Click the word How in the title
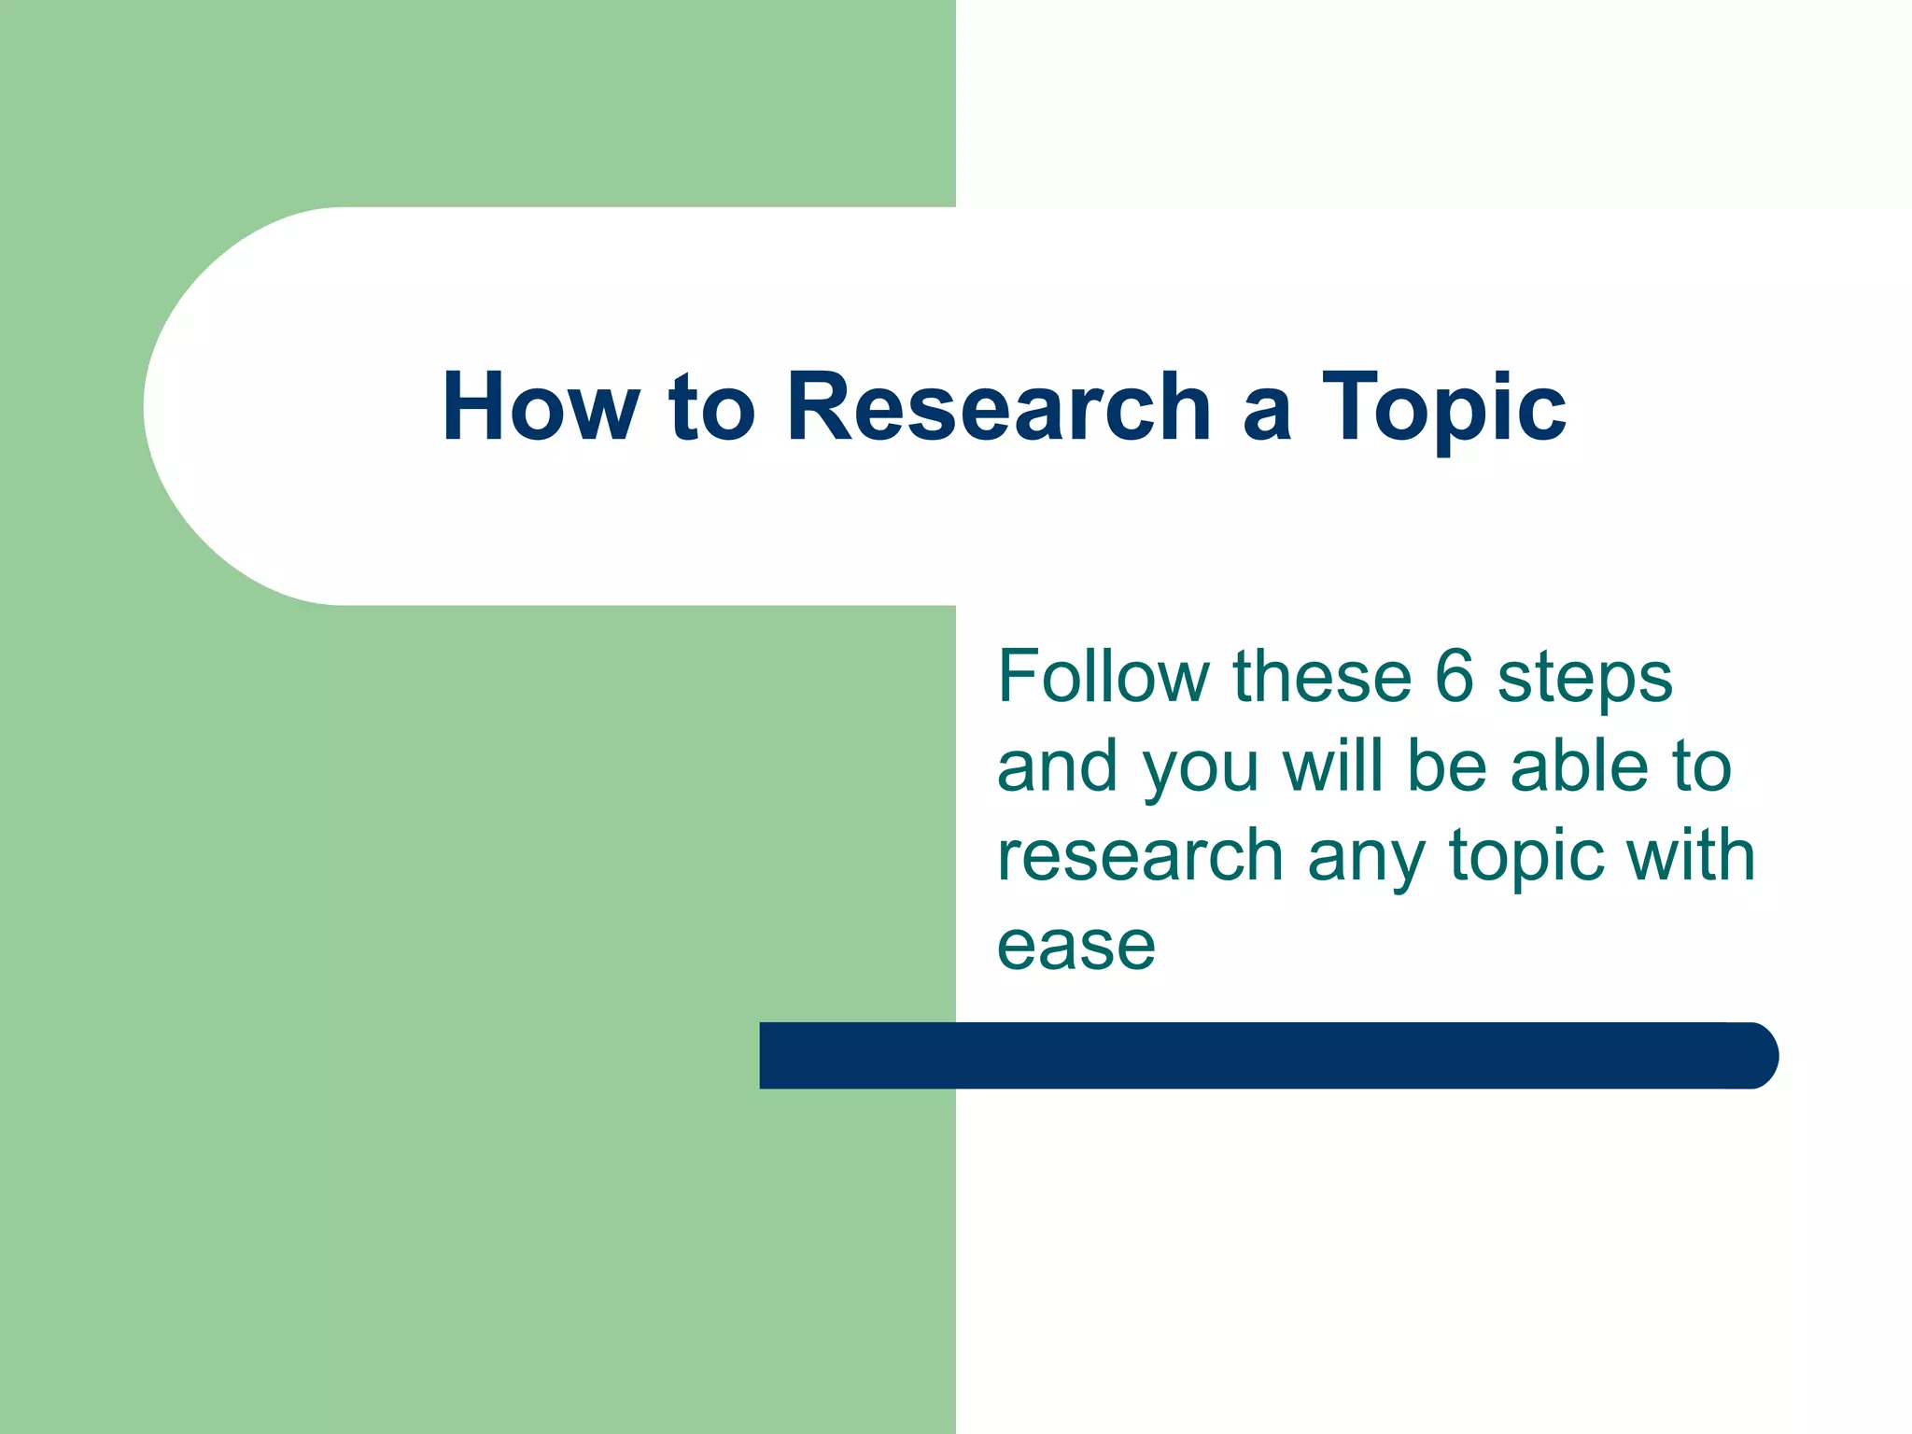click(541, 407)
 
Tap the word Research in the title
click(999, 407)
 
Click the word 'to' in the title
click(711, 409)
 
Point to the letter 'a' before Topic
click(1267, 413)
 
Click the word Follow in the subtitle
click(1102, 676)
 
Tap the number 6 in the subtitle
click(1454, 676)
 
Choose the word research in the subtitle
click(1140, 855)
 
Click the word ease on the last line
click(1075, 947)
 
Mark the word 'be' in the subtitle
click(1446, 766)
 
